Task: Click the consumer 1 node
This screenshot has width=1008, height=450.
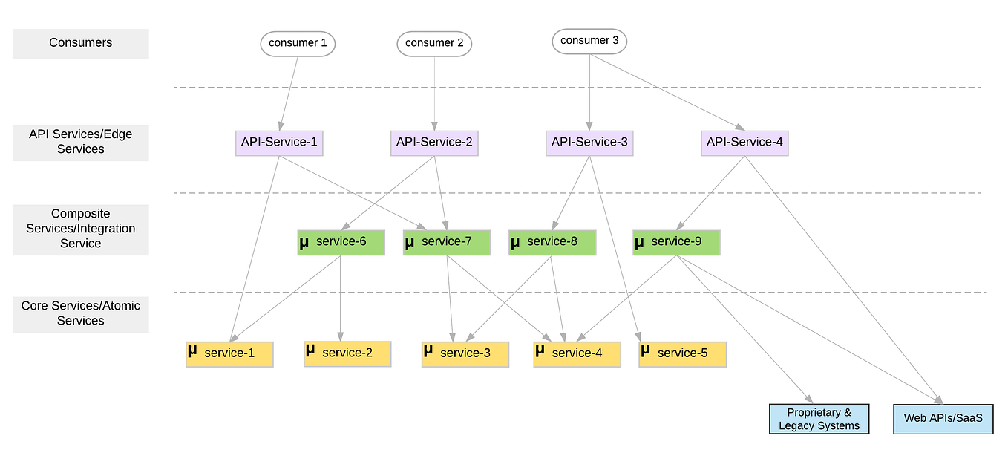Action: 298,43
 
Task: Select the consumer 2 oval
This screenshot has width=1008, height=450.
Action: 434,43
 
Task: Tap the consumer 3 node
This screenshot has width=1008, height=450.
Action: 589,41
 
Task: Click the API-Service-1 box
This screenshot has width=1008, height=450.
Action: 279,142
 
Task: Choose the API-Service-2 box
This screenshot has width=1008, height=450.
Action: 434,142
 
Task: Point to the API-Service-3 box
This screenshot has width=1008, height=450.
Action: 589,142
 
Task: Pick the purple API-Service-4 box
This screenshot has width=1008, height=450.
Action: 744,142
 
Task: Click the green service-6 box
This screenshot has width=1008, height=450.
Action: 341,242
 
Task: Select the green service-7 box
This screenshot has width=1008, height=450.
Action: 446,242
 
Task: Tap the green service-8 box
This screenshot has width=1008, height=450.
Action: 552,242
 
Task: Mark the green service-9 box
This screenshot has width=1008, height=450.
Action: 676,242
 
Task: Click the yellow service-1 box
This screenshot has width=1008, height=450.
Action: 229,353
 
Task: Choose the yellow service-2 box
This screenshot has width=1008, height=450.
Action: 347,353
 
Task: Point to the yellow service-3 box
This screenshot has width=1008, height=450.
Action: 465,353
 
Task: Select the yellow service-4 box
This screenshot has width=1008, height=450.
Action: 577,353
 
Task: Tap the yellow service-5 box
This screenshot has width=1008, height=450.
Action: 682,353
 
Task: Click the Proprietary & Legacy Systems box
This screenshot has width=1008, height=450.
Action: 819,419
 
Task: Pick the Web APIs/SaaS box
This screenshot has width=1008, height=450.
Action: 943,419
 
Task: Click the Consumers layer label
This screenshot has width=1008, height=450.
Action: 80,43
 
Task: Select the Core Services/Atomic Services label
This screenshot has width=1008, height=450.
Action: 80,313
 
